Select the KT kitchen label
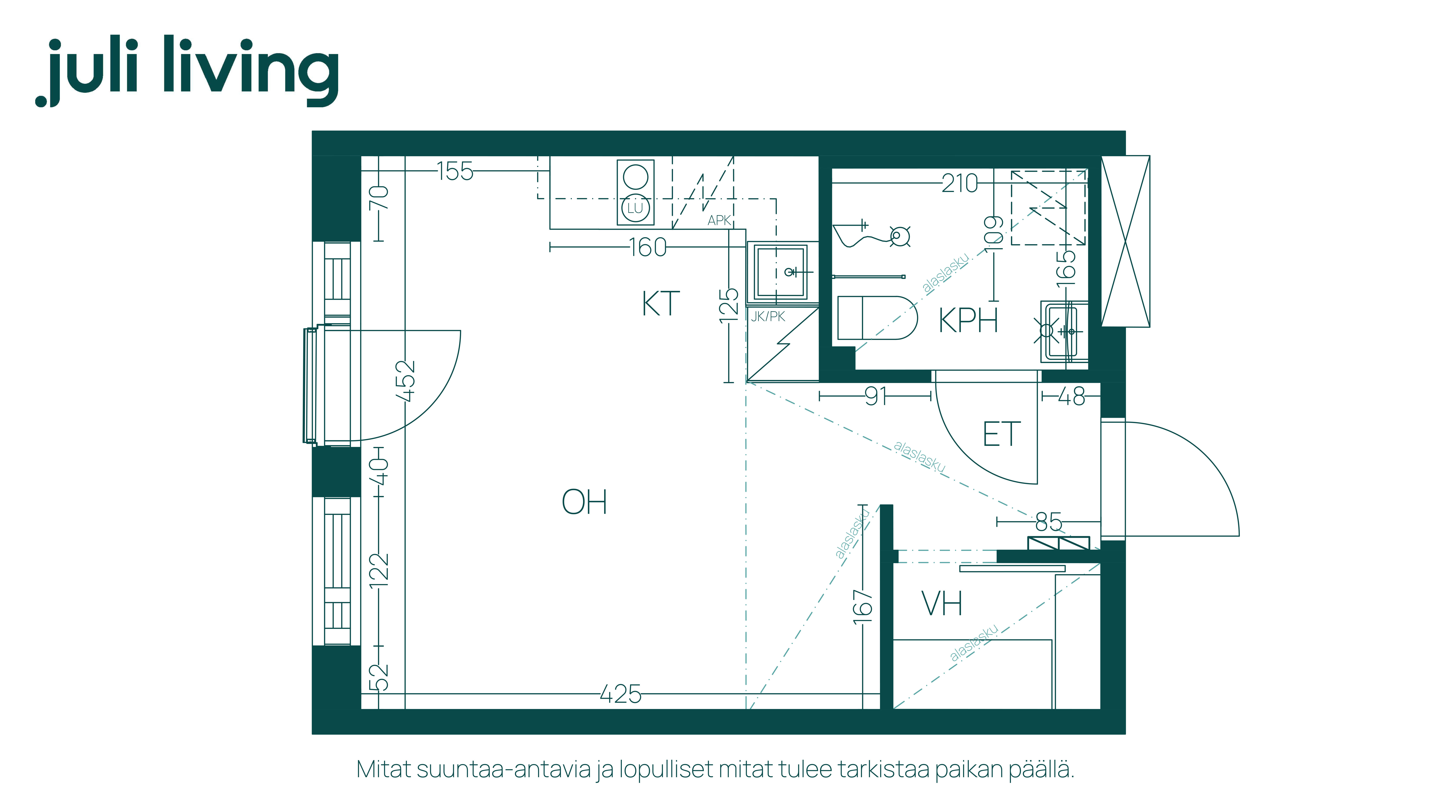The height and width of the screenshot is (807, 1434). tap(661, 304)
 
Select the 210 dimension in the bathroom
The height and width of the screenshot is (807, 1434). tap(960, 183)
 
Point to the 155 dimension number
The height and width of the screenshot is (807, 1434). tap(455, 171)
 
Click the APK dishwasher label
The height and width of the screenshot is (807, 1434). tap(719, 220)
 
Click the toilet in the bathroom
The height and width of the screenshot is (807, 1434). tap(877, 317)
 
